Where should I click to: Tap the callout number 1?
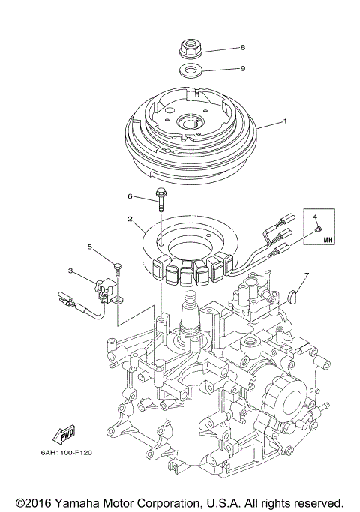point(284,121)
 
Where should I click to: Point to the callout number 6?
point(129,196)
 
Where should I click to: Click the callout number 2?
point(130,220)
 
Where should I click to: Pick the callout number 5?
point(89,247)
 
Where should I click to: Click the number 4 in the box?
point(316,217)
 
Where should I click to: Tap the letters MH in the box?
point(328,240)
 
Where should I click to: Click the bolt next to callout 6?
point(161,199)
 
